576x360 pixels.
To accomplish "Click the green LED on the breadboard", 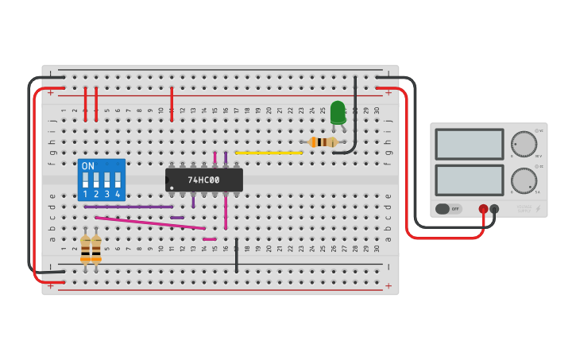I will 338,112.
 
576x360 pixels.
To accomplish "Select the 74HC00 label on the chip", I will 203,180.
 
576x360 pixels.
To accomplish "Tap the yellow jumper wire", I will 269,153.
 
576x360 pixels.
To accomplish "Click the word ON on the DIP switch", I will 87,166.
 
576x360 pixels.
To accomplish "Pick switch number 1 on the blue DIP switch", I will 85,180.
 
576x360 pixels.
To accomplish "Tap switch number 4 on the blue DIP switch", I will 118,180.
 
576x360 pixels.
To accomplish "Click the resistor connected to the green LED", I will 323,142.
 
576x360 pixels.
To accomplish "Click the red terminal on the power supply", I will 483,209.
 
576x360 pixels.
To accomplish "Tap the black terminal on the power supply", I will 494,209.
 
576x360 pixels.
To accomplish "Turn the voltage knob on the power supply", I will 524,144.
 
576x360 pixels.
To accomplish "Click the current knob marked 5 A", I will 524,180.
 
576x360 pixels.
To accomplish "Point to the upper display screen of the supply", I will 469,144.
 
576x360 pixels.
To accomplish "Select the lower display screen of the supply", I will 469,180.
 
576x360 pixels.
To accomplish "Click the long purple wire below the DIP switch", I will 128,207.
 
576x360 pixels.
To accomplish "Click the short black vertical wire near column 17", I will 236,255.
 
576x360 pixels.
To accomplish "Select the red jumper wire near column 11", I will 172,104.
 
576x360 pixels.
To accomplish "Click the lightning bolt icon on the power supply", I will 538,208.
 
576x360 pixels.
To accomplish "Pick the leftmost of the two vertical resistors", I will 85,247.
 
